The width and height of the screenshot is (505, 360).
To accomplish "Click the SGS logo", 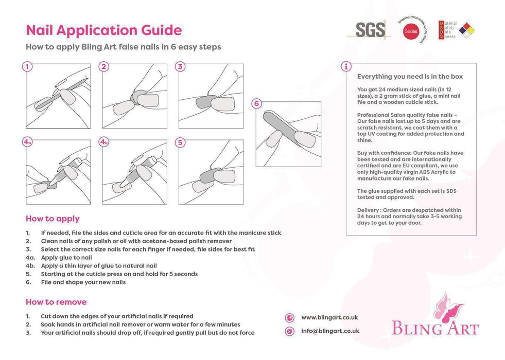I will [x=370, y=30].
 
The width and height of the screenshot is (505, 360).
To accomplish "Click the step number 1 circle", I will [x=27, y=66].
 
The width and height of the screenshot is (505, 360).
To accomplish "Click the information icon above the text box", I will [x=346, y=66].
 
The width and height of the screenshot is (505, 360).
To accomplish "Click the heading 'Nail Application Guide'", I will [x=103, y=30].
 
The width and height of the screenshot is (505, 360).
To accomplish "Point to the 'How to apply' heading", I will [x=53, y=219].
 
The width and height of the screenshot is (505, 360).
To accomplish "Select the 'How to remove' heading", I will [x=56, y=302].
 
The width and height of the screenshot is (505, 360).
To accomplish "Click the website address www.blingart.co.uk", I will [x=329, y=318].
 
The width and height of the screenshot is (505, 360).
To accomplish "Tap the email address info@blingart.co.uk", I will [x=330, y=331].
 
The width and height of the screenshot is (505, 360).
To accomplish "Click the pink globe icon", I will [x=290, y=318].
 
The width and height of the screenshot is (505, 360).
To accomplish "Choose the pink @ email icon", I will [x=290, y=331].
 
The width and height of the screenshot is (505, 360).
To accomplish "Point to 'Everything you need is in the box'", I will [x=410, y=77].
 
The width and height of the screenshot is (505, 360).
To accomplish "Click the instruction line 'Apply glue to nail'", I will [x=66, y=258].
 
